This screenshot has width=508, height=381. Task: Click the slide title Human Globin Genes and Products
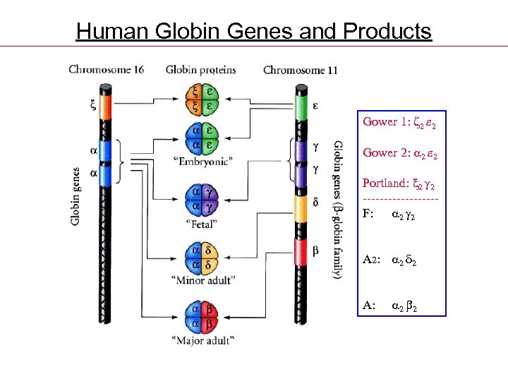253,31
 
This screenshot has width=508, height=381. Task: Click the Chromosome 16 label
106,69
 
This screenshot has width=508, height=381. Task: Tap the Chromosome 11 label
300,70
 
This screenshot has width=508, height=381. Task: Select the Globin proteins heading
201,69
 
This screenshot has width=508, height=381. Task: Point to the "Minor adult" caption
202,280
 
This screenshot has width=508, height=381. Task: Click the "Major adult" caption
202,340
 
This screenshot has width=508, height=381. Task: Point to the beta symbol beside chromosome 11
317,250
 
